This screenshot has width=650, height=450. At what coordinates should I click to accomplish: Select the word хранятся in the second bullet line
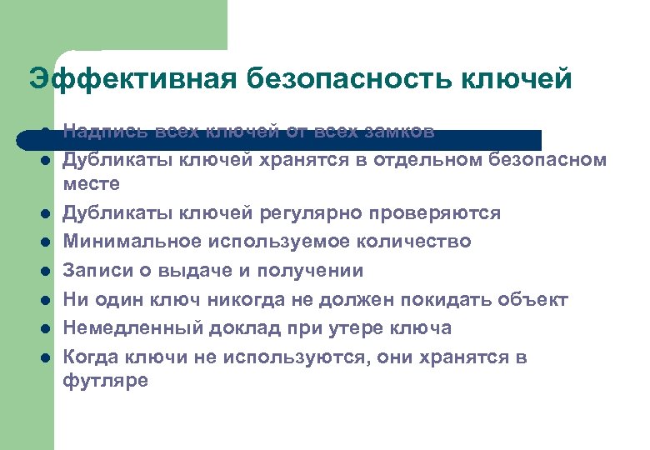tap(316, 160)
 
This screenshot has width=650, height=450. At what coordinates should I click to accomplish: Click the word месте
tap(92, 182)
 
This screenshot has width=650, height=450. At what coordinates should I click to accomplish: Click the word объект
tap(538, 299)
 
